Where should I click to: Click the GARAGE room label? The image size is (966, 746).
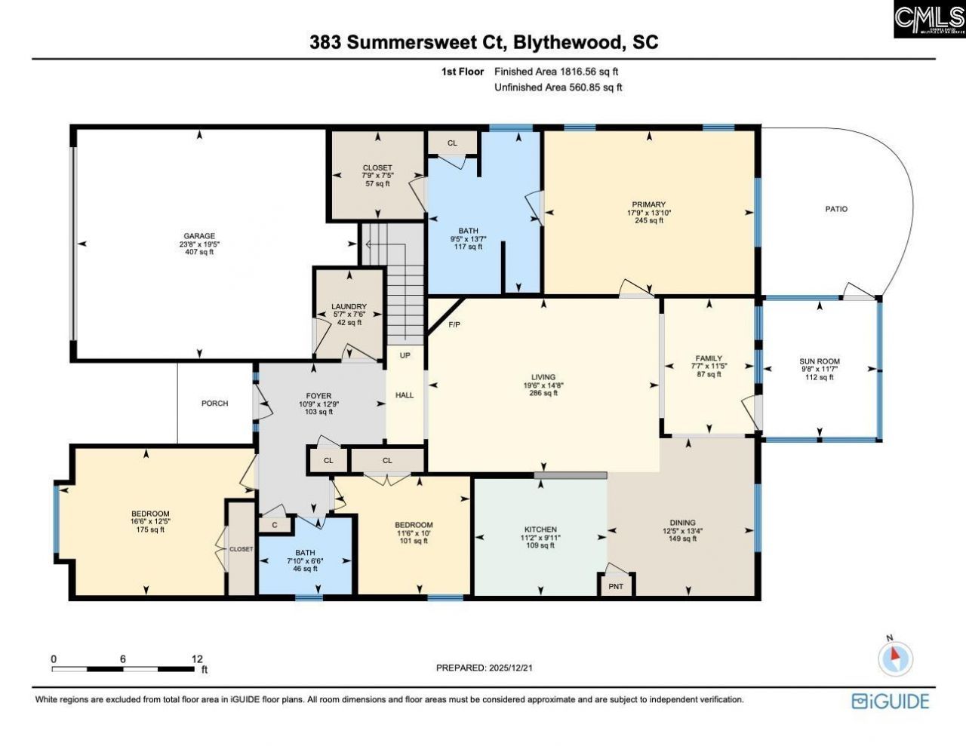coord(199,235)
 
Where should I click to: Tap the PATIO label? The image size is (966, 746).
coord(836,209)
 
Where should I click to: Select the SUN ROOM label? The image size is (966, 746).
coord(820,361)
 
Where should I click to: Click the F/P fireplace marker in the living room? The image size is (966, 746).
coord(454,324)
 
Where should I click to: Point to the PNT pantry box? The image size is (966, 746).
coord(616,586)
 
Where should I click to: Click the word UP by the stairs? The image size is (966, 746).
coord(405,355)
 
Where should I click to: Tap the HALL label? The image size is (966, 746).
coord(405,394)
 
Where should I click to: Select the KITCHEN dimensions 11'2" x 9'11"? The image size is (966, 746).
coord(540,538)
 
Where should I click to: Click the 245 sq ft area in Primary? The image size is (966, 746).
coord(648,221)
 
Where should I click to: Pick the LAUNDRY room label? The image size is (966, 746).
coord(349,306)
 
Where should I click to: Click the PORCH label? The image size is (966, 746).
coord(214,404)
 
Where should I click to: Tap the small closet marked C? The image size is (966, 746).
coord(275,524)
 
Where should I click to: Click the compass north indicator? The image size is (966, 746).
coord(895,657)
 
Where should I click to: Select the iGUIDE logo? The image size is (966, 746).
coord(891,701)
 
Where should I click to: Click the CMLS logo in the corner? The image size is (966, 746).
coord(929,20)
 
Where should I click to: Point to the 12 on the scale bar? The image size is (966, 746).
coord(197,659)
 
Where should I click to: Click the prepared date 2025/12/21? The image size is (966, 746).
coord(511,668)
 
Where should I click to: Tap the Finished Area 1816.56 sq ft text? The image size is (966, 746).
coord(556,72)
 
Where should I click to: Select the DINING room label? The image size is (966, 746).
coord(682,523)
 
